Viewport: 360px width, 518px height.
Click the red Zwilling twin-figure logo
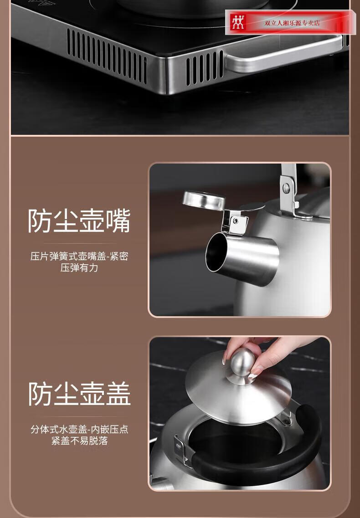pos(237,22)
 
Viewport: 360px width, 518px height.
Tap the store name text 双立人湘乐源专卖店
pos(292,23)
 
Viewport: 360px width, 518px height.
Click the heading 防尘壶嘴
pos(79,221)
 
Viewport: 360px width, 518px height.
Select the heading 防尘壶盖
pos(79,394)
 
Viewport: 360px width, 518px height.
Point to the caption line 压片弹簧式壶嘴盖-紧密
pos(79,256)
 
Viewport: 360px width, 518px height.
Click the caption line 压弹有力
pos(79,267)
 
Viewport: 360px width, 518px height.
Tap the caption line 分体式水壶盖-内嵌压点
pos(79,429)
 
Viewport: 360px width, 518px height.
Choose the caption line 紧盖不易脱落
pos(79,441)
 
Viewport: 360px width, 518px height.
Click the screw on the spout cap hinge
pos(236,221)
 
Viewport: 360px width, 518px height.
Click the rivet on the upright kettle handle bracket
pos(286,188)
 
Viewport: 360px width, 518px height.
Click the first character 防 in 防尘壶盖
pos(40,394)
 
